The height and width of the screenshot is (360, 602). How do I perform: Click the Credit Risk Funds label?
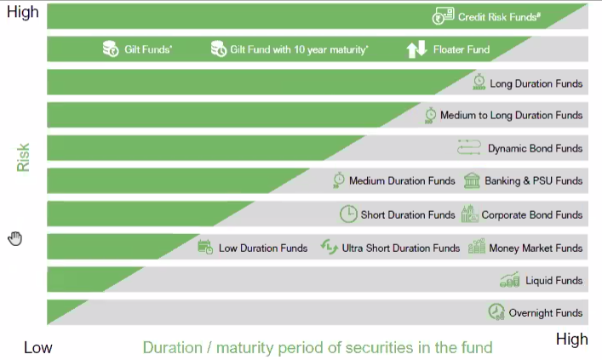(499, 17)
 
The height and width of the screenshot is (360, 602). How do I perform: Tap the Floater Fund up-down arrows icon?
(416, 49)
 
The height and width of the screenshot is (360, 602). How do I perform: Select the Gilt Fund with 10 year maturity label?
(299, 49)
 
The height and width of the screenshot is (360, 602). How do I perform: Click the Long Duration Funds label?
(536, 83)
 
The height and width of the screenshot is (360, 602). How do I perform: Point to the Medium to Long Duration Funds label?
(512, 115)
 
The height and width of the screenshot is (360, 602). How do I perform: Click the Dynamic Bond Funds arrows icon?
(469, 147)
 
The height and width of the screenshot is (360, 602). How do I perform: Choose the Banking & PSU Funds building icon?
(472, 180)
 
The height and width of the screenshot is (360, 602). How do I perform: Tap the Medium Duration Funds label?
(402, 180)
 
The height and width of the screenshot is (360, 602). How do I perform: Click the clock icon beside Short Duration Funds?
(348, 214)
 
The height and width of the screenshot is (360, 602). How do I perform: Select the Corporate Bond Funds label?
(531, 215)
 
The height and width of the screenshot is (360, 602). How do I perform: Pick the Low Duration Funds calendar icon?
(205, 247)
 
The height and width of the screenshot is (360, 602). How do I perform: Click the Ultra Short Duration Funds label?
(401, 249)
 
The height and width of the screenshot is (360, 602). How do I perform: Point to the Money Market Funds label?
(536, 249)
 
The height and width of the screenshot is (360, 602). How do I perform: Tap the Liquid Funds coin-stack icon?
(509, 279)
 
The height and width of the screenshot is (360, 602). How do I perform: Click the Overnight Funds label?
(546, 313)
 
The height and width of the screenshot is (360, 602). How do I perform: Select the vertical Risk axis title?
(23, 157)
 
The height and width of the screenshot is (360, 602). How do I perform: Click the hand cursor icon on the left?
(15, 238)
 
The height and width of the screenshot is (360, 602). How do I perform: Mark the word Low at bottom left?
(38, 348)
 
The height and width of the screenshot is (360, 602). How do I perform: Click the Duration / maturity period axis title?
(318, 348)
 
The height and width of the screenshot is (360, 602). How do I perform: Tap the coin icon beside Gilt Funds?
(111, 49)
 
